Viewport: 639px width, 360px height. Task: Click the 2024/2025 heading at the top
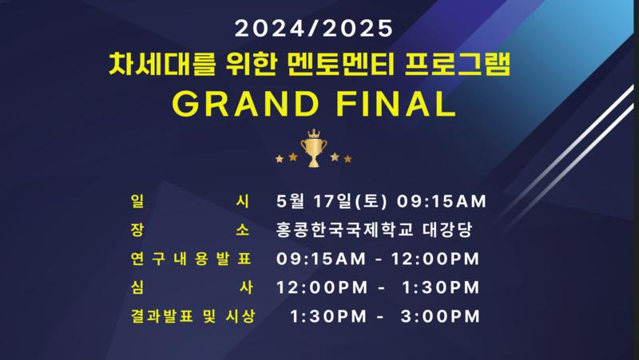tap(313, 29)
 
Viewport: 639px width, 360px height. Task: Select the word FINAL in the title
tap(395, 104)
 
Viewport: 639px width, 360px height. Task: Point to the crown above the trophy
tap(314, 133)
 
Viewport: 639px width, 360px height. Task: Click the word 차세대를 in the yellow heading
tap(162, 65)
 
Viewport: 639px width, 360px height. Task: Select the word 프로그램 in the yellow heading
tap(458, 65)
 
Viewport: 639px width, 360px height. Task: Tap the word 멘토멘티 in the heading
tap(341, 65)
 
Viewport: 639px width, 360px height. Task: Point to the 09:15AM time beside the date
tap(442, 202)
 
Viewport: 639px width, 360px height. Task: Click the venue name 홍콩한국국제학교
tap(345, 230)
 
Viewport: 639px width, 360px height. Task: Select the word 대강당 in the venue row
tap(447, 230)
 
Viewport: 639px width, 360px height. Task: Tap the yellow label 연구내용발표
tap(191, 259)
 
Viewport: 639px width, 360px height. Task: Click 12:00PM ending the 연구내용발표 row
tap(435, 259)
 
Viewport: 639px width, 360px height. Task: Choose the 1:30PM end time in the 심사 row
tap(441, 287)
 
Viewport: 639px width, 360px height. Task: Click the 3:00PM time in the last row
tap(440, 316)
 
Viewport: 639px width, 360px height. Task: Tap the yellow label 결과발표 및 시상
tap(192, 316)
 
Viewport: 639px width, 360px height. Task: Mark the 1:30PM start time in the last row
tap(328, 316)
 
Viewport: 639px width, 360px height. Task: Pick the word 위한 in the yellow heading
tap(252, 65)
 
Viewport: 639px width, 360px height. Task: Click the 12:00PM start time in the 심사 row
tap(322, 287)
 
